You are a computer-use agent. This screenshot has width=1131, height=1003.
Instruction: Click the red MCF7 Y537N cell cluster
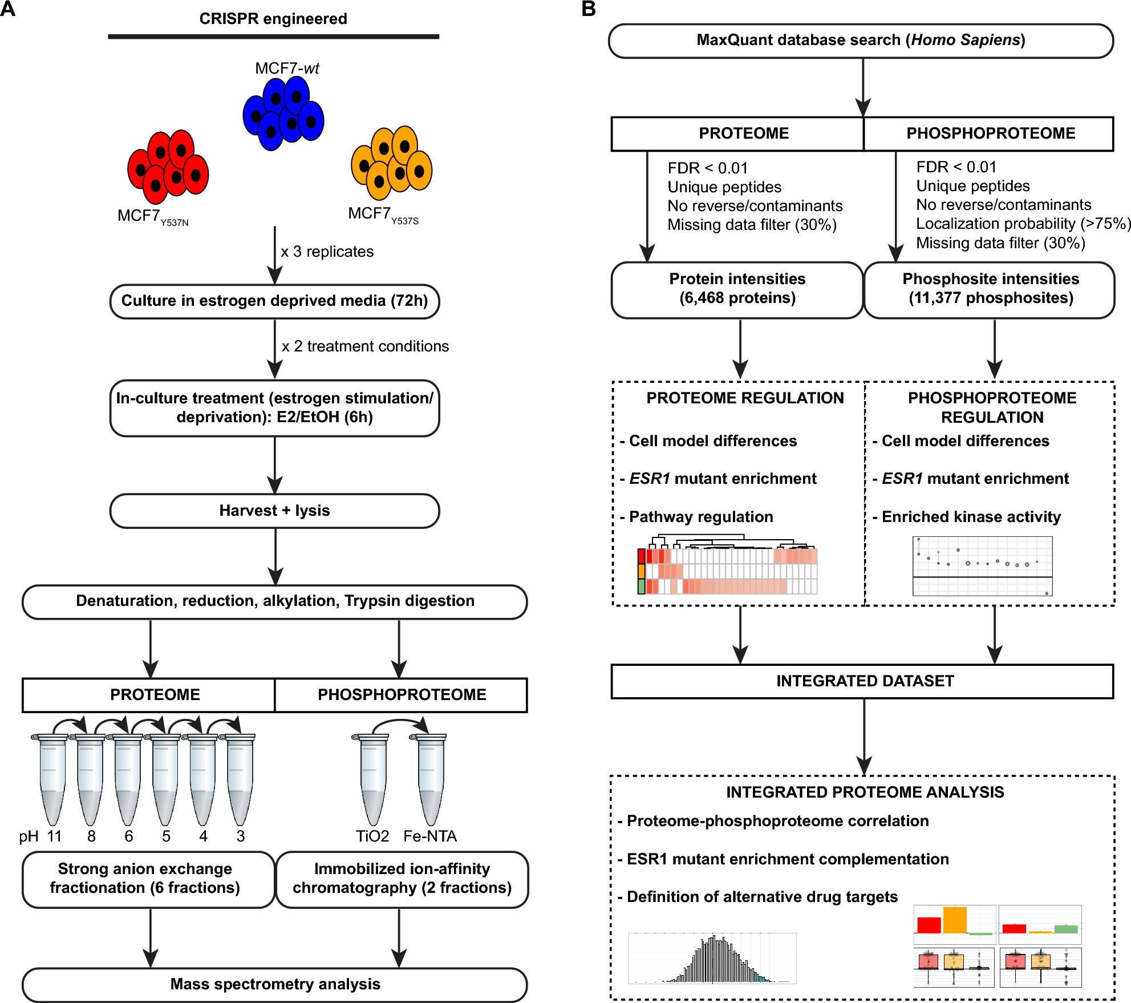(x=168, y=167)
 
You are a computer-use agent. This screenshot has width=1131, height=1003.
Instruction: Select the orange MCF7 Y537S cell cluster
(x=392, y=163)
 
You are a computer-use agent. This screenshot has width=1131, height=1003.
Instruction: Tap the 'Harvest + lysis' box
(x=274, y=511)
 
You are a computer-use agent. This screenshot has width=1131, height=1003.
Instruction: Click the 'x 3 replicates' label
(x=327, y=252)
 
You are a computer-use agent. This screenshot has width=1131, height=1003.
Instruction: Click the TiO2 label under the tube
(x=372, y=836)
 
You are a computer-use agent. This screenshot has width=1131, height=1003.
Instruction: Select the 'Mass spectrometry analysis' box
(x=274, y=984)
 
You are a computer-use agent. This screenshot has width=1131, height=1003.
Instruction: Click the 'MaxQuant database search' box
(x=861, y=41)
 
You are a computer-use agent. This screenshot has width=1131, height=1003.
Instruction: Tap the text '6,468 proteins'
(x=737, y=298)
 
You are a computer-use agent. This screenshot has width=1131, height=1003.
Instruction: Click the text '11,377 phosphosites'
(x=991, y=298)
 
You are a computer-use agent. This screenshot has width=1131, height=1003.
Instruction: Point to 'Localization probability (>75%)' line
(x=1023, y=224)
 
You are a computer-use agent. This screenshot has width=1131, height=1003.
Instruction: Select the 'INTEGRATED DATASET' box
(x=864, y=681)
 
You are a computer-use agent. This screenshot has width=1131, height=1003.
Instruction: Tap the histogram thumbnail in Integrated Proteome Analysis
(x=712, y=958)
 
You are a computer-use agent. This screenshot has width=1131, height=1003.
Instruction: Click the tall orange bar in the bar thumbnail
(x=955, y=920)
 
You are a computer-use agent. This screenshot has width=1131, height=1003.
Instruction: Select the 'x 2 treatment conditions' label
(x=365, y=346)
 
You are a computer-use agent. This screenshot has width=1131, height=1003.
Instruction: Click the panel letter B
(x=588, y=9)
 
